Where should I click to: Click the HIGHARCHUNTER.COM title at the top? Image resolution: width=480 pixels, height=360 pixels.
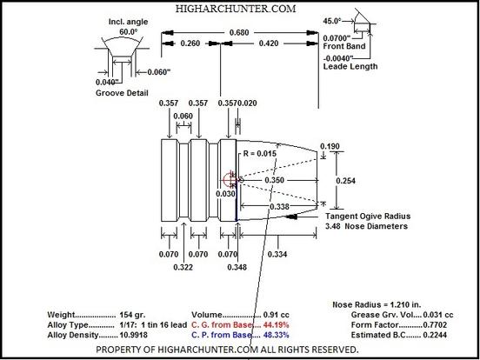tap(236, 9)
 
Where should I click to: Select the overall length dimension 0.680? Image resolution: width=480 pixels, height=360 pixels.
tap(239, 32)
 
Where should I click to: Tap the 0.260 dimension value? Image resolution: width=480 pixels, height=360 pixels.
tap(190, 43)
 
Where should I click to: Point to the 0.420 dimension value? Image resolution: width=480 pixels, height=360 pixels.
tap(269, 43)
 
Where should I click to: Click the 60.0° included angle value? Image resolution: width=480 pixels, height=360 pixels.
tap(129, 32)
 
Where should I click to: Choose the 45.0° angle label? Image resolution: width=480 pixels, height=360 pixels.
tap(332, 21)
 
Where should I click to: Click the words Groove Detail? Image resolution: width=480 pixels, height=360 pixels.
tap(122, 93)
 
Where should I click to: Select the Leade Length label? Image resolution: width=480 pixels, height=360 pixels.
tap(350, 66)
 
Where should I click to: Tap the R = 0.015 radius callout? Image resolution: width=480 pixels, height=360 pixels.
tap(260, 153)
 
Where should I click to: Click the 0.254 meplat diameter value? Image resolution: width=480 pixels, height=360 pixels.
tap(345, 181)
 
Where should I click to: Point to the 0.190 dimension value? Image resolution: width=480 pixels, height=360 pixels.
tap(330, 146)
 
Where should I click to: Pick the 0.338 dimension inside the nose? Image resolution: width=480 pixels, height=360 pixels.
tap(279, 207)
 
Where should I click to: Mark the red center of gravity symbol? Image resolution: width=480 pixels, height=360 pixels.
tap(230, 179)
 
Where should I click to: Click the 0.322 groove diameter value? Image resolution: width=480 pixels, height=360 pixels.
tap(183, 267)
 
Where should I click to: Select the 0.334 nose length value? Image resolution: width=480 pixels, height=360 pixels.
tap(277, 254)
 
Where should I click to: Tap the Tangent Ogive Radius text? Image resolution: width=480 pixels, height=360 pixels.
tap(368, 217)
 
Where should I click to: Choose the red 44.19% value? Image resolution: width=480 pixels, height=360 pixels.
tap(277, 325)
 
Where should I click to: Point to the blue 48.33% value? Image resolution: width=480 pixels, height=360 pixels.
tap(277, 335)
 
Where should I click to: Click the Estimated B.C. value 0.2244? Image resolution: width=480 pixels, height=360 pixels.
tap(435, 335)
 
